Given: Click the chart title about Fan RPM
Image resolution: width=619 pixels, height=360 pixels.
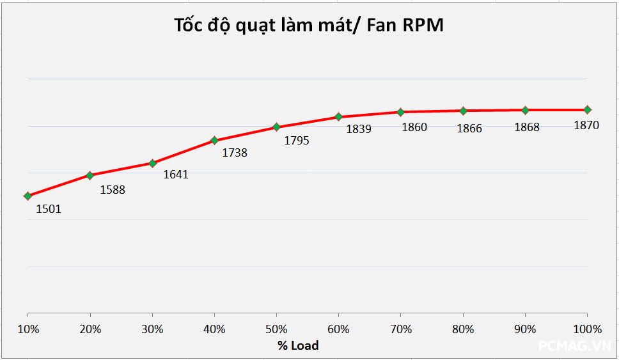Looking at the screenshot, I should click(x=309, y=25).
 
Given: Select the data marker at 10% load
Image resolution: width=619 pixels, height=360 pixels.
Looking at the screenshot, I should click(x=27, y=196).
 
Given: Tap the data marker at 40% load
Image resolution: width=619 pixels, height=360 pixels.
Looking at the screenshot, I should click(x=214, y=140).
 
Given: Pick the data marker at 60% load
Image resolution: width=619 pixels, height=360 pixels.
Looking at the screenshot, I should click(x=338, y=117).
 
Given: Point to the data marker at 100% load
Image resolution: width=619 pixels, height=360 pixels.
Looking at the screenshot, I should click(x=587, y=110).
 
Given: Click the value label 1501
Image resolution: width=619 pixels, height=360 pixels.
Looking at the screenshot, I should click(x=49, y=208).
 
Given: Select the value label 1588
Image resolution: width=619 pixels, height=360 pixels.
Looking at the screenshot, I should click(x=113, y=189).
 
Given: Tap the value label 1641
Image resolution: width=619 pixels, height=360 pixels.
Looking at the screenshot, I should click(x=176, y=174).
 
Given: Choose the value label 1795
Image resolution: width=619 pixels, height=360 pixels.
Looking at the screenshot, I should click(x=297, y=141).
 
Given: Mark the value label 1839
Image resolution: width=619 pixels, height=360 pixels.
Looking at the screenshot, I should click(x=359, y=129).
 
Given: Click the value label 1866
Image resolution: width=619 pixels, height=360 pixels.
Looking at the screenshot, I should click(x=469, y=129).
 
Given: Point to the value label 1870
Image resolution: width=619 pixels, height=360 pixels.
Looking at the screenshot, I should click(x=586, y=125).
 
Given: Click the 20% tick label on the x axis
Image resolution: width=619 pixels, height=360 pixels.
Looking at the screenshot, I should click(x=90, y=330).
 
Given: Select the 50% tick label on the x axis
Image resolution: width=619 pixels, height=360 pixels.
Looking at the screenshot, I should click(x=276, y=330).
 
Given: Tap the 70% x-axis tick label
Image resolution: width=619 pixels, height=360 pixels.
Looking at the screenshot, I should click(x=400, y=330).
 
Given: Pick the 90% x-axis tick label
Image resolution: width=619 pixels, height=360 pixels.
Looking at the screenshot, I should click(x=525, y=330).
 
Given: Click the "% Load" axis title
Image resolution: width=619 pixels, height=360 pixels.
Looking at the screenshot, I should click(x=297, y=345).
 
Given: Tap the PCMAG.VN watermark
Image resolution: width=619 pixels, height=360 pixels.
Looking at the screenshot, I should click(x=575, y=346).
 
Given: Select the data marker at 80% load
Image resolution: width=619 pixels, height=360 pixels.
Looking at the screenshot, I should click(x=463, y=111).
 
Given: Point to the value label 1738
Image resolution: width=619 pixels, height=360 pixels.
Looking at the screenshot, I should click(x=235, y=153).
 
